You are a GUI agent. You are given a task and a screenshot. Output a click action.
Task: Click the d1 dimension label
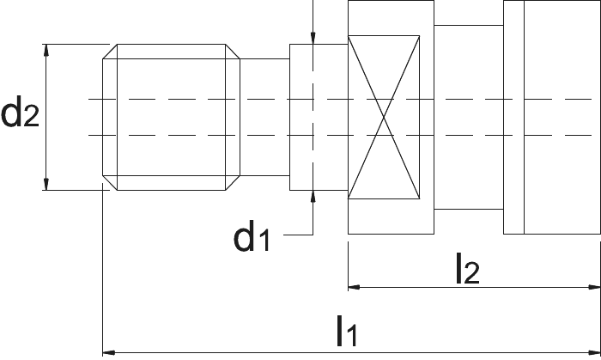click(252, 235)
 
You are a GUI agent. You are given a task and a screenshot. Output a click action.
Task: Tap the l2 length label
click(468, 268)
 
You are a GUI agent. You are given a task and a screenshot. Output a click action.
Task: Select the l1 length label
click(347, 330)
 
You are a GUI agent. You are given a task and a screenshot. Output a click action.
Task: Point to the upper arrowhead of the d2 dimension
click(46, 50)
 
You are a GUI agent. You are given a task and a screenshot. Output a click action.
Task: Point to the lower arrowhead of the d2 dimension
click(46, 184)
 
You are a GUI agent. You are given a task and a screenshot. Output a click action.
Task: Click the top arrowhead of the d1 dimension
click(313, 38)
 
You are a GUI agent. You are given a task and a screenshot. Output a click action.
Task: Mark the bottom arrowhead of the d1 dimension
click(313, 196)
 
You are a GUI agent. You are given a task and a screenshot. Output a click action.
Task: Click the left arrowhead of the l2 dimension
click(354, 287)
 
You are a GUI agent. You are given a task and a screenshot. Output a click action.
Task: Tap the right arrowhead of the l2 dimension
click(594, 287)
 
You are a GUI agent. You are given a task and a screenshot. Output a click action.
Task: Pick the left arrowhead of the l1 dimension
click(109, 352)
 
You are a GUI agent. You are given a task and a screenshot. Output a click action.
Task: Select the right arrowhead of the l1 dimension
click(594, 352)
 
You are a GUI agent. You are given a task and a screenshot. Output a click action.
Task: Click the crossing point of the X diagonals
click(384, 118)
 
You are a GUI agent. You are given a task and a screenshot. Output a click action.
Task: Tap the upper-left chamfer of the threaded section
click(110, 52)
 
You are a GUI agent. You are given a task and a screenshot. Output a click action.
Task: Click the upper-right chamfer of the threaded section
click(233, 52)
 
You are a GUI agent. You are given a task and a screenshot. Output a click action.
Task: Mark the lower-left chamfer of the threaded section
click(110, 183)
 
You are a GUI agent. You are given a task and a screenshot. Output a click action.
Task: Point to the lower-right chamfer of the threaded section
click(233, 183)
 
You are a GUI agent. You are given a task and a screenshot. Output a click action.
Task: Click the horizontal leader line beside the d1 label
click(298, 235)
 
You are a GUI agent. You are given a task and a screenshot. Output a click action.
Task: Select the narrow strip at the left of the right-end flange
click(513, 117)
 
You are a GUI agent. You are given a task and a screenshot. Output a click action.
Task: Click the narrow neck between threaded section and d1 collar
click(264, 118)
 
